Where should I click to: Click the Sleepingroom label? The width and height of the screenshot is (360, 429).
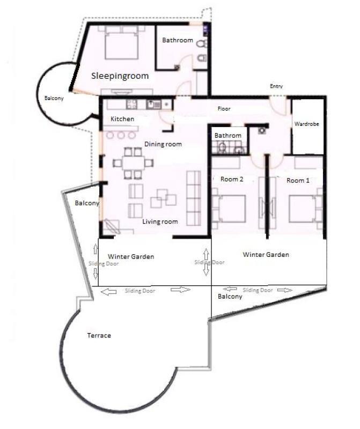pos(120,76)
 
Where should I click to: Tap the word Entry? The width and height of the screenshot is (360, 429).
pos(276,86)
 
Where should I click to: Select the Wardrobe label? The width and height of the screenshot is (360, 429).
pos(307,124)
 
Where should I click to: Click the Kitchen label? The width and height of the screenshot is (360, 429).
pos(122,119)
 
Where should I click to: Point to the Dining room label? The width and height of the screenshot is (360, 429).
pos(163,144)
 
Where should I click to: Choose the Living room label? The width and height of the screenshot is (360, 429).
pos(160,221)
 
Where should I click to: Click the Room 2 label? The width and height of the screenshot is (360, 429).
pos(232,180)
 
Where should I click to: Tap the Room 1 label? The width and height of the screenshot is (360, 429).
pos(298,181)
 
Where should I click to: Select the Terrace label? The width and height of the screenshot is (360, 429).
pos(99,336)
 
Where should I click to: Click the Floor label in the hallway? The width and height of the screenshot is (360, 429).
pos(224,109)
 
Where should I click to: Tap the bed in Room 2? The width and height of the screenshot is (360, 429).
pos(229,209)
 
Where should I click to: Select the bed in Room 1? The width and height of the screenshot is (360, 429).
pos(305,209)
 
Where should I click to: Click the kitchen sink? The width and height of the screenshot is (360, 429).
pos(152,105)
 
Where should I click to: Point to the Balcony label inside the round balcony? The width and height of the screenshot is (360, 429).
pos(54,99)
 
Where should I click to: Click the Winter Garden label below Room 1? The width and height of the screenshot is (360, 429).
pos(266,255)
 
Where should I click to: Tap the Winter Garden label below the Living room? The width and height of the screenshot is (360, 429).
pos(131,257)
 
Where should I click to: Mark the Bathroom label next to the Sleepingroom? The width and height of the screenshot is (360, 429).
pos(178,40)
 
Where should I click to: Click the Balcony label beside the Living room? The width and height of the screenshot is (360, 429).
pos(86,204)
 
